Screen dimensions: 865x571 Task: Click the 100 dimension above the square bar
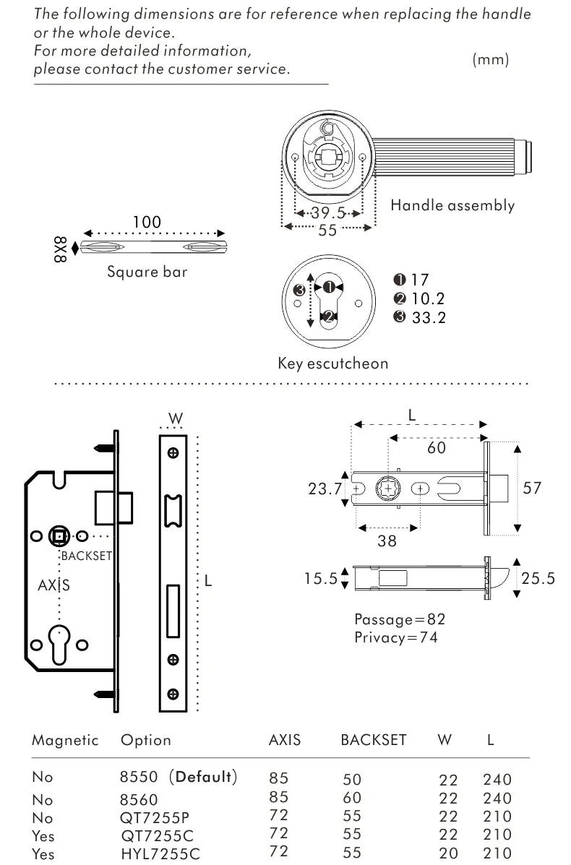[147, 222]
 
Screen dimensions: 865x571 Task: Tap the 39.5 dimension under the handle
[328, 212]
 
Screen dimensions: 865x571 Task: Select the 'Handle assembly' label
[452, 205]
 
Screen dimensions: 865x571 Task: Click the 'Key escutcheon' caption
[332, 363]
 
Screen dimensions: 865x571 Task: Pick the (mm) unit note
[491, 60]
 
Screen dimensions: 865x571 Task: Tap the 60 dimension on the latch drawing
[437, 448]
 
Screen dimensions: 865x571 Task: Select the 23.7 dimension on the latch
[325, 489]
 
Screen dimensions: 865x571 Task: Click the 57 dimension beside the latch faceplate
[532, 488]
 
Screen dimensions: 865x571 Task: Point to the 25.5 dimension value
[538, 578]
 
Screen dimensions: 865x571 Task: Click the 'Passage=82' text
[400, 619]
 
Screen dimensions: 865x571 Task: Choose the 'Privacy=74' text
[395, 637]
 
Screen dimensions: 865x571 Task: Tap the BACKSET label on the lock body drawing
[86, 556]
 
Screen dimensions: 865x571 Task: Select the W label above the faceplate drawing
[174, 418]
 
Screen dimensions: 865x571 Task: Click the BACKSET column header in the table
[374, 740]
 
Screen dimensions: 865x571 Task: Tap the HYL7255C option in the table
[160, 854]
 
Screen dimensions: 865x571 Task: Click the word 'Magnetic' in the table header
[65, 740]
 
